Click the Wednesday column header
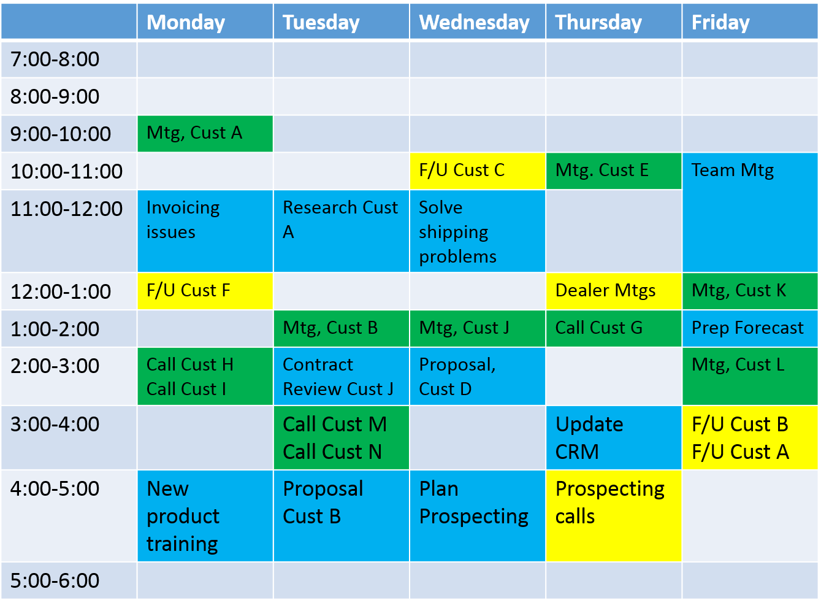[477, 21]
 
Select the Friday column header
[749, 21]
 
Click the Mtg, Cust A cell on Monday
[205, 134]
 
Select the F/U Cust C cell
[477, 171]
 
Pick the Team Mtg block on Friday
[749, 212]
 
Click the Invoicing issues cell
[205, 231]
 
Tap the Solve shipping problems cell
[477, 231]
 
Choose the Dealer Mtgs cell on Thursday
[613, 291]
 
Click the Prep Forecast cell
[749, 328]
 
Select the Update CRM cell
[613, 437]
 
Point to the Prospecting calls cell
[613, 516]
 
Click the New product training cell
[205, 516]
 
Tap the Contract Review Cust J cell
[341, 376]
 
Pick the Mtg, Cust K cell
[749, 291]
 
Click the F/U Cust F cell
[205, 291]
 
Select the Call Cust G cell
[613, 328]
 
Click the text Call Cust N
[332, 452]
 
